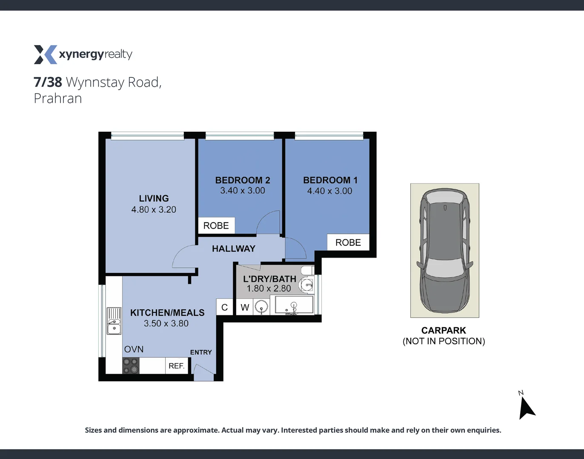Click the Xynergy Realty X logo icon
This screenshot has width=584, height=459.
coord(45,54)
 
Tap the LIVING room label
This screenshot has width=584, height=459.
coord(154,198)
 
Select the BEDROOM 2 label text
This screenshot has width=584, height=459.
coord(243,180)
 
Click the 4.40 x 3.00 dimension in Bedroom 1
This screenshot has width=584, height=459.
coord(329,191)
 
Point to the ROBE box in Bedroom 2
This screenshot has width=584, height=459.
coord(216,226)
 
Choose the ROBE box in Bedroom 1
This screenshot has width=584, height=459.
coord(348,242)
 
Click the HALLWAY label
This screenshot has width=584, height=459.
coord(234,249)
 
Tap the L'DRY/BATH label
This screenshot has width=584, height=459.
coord(269,279)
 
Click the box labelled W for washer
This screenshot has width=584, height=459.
coord(245,307)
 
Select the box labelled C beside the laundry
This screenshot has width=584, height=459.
coord(224,307)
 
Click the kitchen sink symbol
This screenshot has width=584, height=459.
coord(114,321)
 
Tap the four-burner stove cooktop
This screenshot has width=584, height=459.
coord(131,366)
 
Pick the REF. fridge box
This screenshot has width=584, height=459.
coord(176,366)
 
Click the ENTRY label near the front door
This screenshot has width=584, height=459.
coord(201,352)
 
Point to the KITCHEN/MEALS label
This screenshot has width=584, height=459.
coord(167,313)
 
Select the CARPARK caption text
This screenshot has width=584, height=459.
coord(444,330)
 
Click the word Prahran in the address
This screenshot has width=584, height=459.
coord(58,99)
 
